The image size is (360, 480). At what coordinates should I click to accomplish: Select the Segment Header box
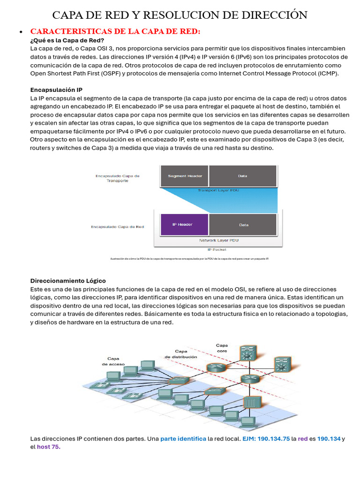[x=185, y=176]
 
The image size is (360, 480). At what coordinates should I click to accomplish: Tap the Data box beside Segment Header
[x=242, y=176]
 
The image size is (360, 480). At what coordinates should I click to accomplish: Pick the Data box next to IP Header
[x=244, y=225]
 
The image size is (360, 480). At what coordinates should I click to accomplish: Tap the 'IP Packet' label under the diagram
[x=217, y=249]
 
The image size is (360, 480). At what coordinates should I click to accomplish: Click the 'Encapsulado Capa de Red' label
[x=117, y=226]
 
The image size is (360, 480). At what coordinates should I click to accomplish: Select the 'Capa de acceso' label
[x=112, y=360]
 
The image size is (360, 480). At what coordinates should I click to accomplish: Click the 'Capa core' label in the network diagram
[x=222, y=348]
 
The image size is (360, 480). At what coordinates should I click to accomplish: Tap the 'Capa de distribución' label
[x=181, y=354]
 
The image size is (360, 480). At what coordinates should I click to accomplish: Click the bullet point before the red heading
[x=21, y=32]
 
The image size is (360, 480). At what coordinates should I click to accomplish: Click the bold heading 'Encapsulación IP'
[x=56, y=90]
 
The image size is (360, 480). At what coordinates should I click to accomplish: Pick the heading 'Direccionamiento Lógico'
[x=68, y=281]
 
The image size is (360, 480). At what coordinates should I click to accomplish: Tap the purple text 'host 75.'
[x=49, y=447]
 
